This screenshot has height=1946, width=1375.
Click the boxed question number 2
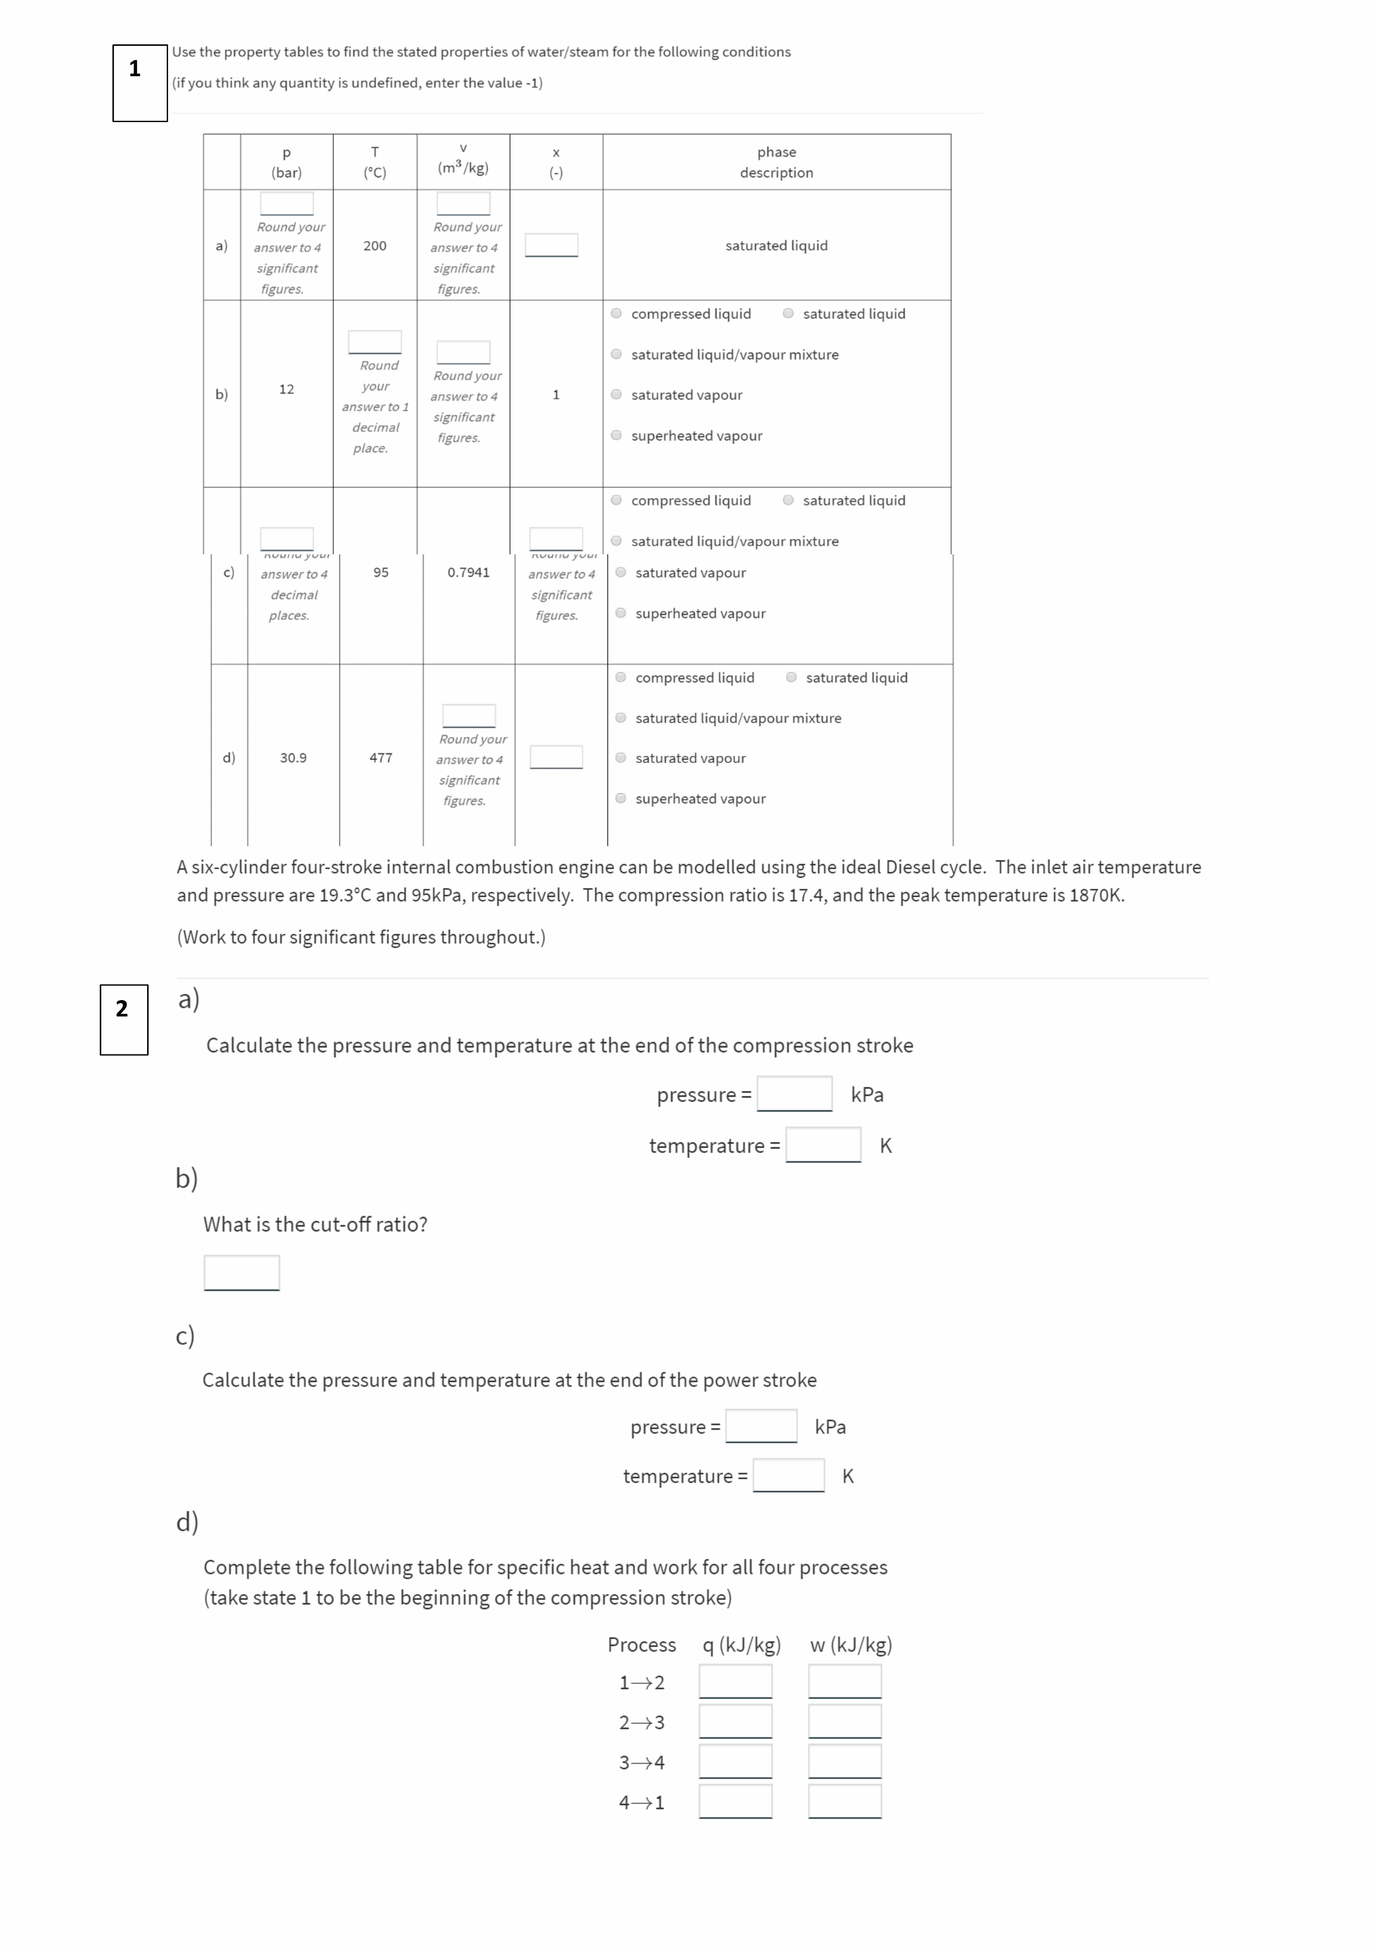[122, 1009]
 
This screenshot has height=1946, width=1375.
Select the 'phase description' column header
[776, 162]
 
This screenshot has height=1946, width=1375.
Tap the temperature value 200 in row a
[375, 246]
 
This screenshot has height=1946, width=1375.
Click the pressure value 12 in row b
[286, 389]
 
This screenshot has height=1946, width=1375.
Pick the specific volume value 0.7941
[469, 572]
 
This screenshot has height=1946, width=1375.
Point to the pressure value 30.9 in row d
[293, 758]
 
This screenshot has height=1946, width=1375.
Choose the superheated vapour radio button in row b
[617, 436]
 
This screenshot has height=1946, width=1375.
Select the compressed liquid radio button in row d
[621, 677]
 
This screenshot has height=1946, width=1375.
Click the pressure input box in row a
[286, 203]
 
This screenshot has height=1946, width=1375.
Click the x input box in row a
[552, 245]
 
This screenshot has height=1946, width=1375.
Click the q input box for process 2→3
[735, 1721]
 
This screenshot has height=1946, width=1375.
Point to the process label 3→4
[641, 1762]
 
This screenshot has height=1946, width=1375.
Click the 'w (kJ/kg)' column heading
[851, 1645]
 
